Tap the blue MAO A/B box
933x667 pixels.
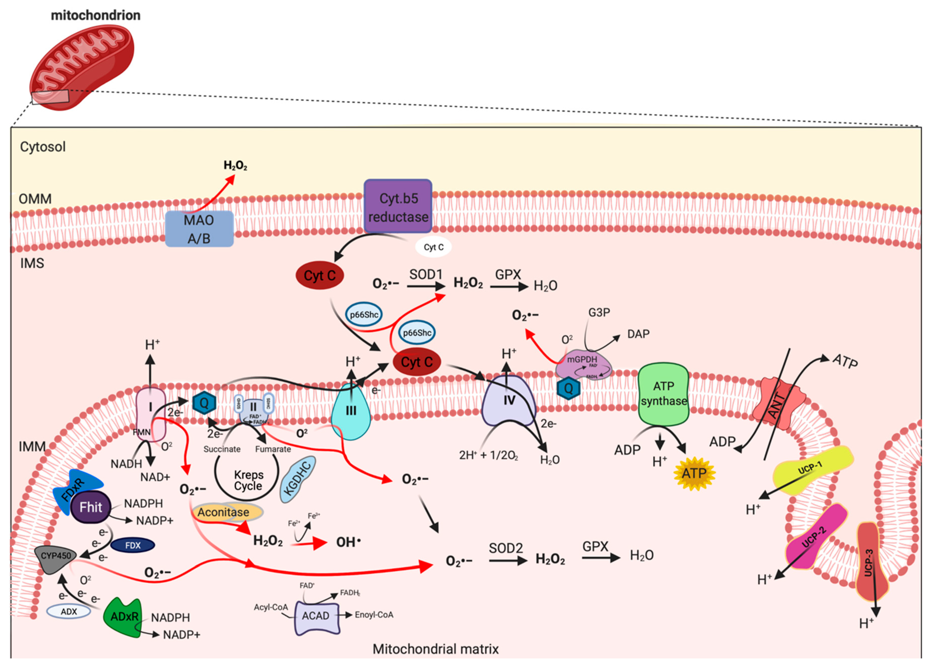(x=199, y=229)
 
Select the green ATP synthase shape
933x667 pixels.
(x=663, y=393)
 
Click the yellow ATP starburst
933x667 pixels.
(x=694, y=474)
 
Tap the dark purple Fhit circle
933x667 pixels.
(x=90, y=507)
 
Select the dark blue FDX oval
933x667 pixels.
(x=133, y=546)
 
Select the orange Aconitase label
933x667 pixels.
(x=223, y=512)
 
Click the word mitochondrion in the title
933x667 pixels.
(x=96, y=15)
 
